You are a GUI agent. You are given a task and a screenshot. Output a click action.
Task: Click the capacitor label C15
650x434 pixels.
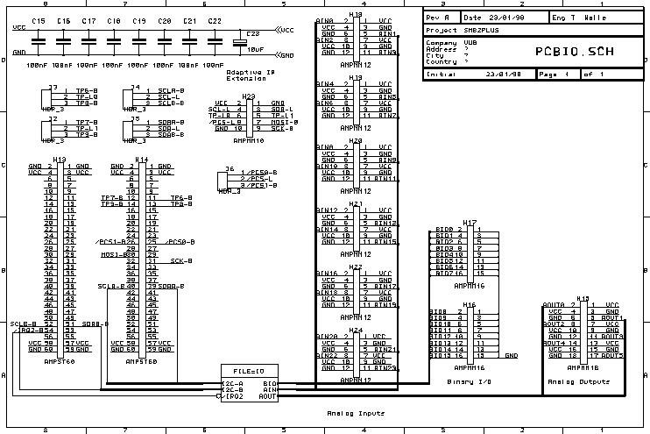point(39,20)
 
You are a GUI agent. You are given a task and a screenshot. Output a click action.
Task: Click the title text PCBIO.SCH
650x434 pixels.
point(574,50)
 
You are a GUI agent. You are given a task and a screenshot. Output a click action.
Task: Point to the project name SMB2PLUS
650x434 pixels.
point(482,29)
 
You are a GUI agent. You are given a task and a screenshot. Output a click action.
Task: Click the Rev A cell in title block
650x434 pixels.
point(436,18)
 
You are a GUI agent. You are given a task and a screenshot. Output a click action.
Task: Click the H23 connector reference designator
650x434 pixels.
point(248,96)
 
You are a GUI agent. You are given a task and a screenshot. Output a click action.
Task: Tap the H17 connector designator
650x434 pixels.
point(470,223)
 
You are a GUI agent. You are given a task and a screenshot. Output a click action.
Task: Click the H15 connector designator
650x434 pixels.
point(583,298)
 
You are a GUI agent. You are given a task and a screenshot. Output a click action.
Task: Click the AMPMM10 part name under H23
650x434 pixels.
point(248,139)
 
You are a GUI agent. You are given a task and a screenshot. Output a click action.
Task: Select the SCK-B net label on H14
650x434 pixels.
point(181,260)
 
